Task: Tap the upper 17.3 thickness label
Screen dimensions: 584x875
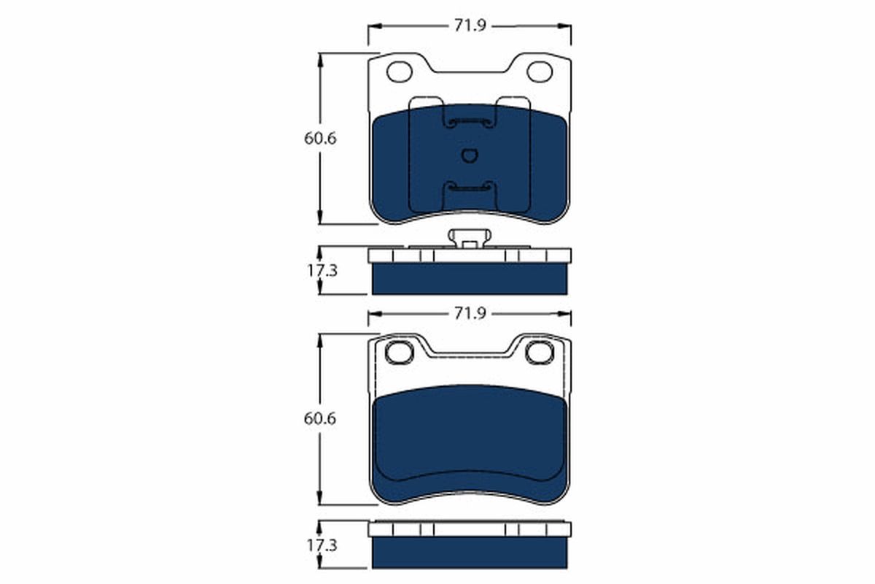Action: [320, 270]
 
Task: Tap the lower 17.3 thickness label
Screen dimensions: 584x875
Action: [320, 545]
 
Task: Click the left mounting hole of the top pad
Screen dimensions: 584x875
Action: [399, 72]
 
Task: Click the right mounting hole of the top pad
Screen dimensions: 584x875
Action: [540, 72]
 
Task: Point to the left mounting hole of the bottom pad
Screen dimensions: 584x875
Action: [399, 353]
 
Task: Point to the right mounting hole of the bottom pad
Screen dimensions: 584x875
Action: [540, 353]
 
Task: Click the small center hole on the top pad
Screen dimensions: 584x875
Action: [470, 155]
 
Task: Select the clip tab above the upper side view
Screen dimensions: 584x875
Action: [470, 238]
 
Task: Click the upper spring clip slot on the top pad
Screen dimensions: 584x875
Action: [470, 122]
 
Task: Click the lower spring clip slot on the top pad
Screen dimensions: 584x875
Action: [470, 188]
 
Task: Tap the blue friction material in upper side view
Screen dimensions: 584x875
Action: [470, 279]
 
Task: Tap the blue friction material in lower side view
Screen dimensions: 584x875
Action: [470, 553]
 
